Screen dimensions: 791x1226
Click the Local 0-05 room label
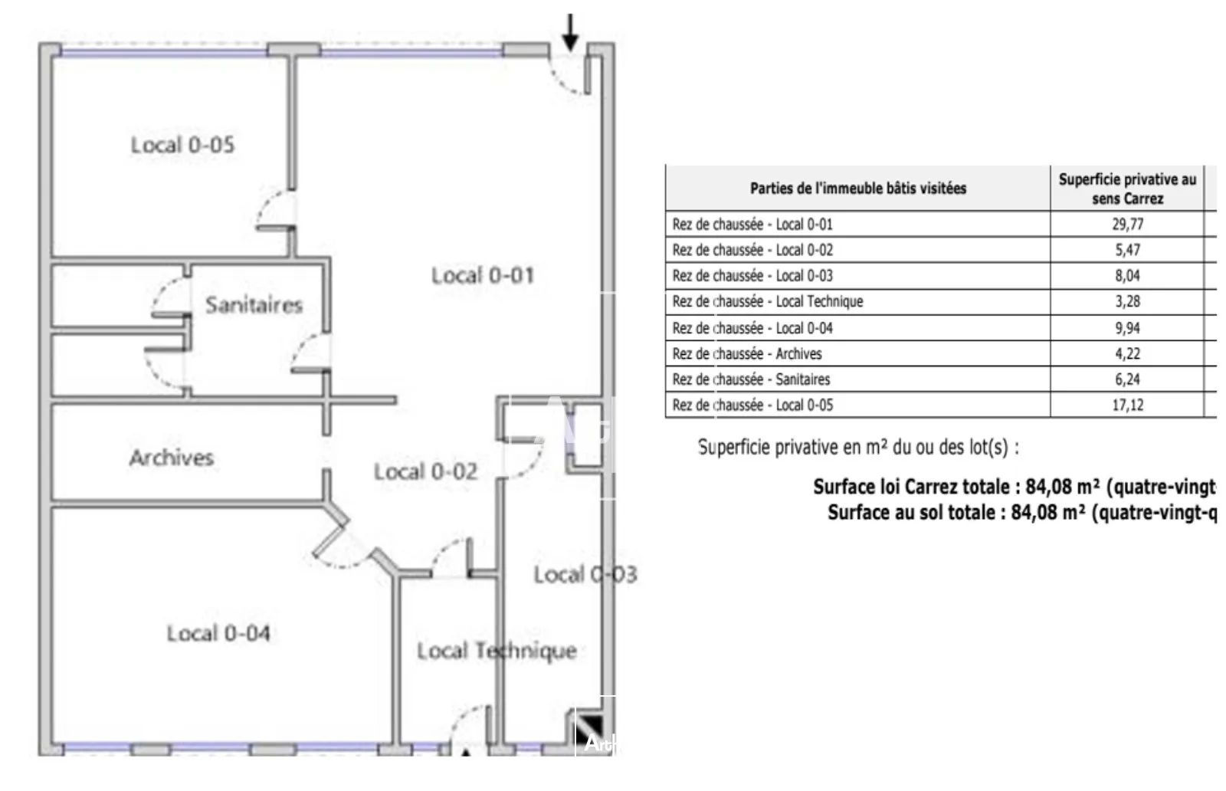(x=182, y=145)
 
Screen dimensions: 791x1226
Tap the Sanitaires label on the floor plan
(x=254, y=305)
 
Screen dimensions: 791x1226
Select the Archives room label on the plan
(x=171, y=458)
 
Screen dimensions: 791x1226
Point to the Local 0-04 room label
(x=218, y=633)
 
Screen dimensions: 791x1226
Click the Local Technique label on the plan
(x=497, y=651)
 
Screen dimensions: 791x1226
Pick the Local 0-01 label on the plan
(x=482, y=275)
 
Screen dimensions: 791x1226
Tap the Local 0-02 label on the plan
(x=425, y=471)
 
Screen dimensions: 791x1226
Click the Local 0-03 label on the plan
(x=585, y=574)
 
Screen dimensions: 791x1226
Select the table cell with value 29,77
(x=1127, y=224)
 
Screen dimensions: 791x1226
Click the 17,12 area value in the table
(x=1127, y=405)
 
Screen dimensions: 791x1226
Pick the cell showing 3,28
(x=1127, y=301)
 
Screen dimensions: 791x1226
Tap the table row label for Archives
(x=747, y=353)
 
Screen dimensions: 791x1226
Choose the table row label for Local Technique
(x=768, y=301)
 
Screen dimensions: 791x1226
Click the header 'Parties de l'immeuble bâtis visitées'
(x=857, y=188)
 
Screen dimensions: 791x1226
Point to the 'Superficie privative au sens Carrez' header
(x=1127, y=189)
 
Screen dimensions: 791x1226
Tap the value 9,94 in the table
(x=1127, y=328)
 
